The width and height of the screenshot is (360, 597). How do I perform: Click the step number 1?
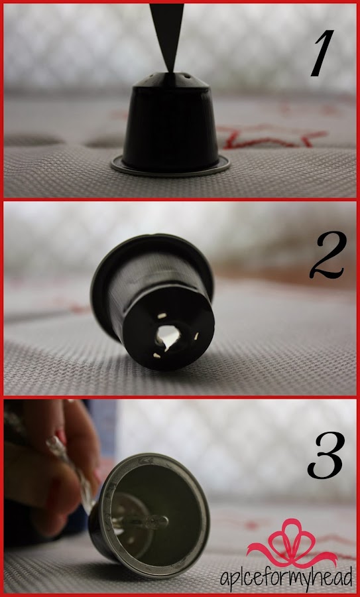coord(322,53)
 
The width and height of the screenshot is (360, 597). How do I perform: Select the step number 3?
coord(326,454)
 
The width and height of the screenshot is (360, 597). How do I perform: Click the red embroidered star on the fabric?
coord(272,137)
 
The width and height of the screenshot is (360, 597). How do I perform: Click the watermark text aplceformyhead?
coord(286,580)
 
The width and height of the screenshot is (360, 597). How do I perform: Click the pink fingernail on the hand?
coord(60,436)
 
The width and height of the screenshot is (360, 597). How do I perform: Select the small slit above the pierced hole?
coord(162,316)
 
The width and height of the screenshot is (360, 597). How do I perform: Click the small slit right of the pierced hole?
coord(196,336)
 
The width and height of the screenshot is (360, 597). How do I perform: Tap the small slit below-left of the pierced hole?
coord(156,356)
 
